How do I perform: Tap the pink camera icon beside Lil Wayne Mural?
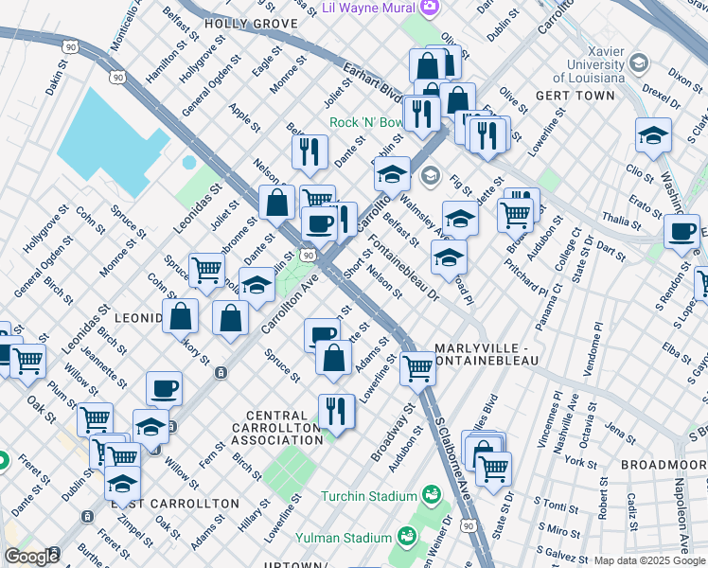pyautogui.click(x=431, y=8)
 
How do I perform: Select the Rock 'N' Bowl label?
pyautogui.click(x=366, y=123)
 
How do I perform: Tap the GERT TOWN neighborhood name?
pyautogui.click(x=570, y=97)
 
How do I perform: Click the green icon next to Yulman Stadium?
pyautogui.click(x=408, y=537)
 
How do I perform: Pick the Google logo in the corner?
pyautogui.click(x=30, y=557)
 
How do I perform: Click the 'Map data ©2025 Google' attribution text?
pyautogui.click(x=649, y=560)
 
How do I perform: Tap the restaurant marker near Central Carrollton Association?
pyautogui.click(x=336, y=411)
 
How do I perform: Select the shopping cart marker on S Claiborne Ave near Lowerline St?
pyautogui.click(x=417, y=368)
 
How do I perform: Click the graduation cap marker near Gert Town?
pyautogui.click(x=653, y=134)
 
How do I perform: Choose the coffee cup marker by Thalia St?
pyautogui.click(x=681, y=231)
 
